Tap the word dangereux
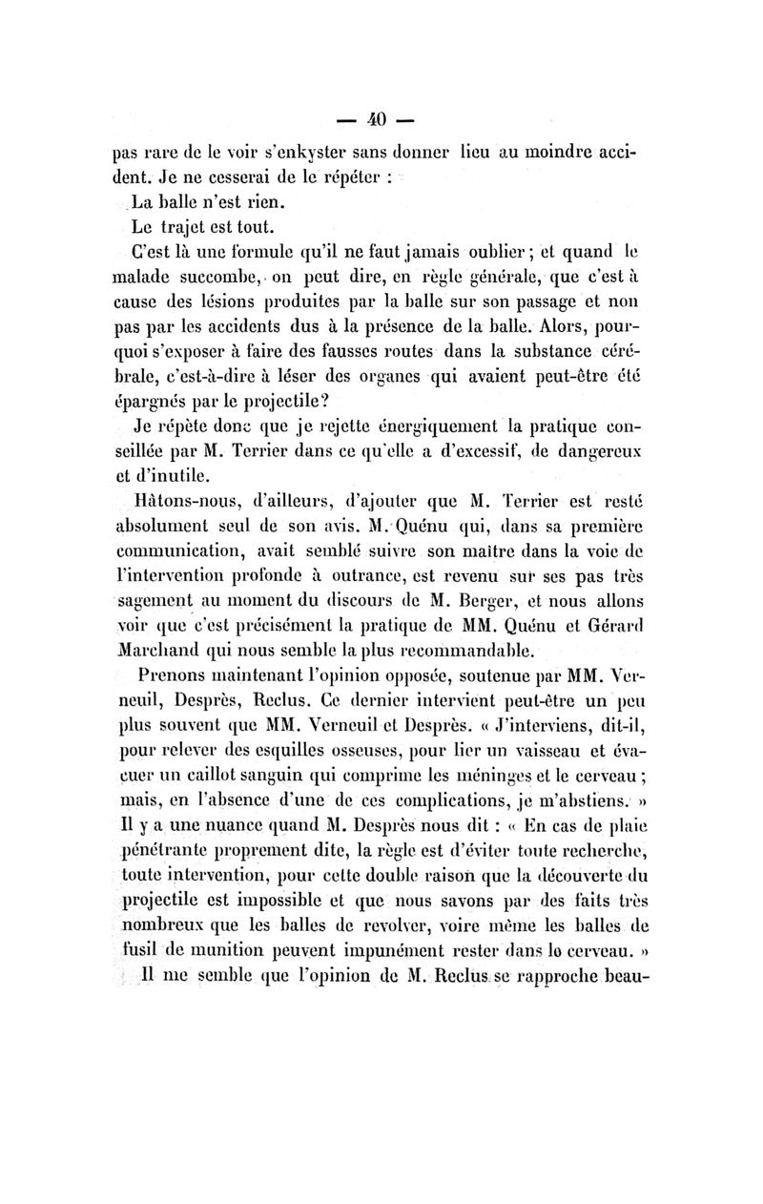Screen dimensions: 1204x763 click(x=591, y=456)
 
